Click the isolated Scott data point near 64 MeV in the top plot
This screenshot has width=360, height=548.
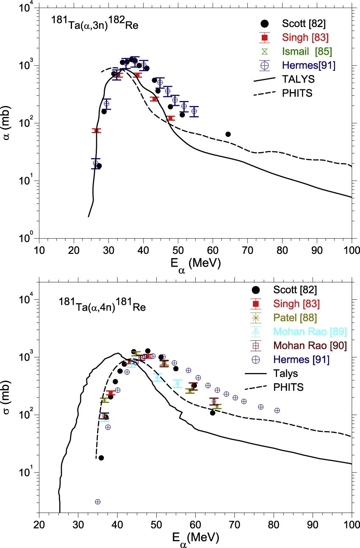point(228,134)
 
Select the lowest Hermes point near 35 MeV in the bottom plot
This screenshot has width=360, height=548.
point(98,501)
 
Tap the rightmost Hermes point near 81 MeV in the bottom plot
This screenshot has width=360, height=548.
point(277,410)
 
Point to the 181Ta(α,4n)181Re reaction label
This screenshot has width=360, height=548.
point(102,306)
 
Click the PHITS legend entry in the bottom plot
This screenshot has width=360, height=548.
point(295,387)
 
